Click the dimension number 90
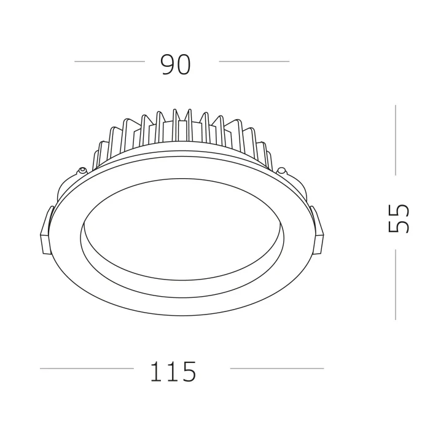coord(176,64)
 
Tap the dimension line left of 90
coord(109,61)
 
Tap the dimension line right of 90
coord(254,61)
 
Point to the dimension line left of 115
coord(87,369)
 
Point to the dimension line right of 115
coord(276,369)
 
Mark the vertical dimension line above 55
coord(395,140)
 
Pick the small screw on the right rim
coord(282,171)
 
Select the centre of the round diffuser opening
coord(182,229)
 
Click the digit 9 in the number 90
coord(167,64)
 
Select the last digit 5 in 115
coord(188,371)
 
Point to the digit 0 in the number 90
coord(184,64)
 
